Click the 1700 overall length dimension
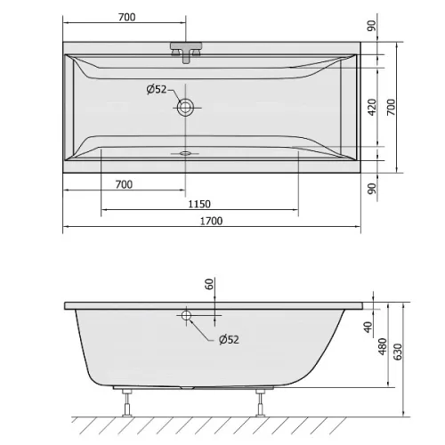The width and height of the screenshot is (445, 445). [x=211, y=221]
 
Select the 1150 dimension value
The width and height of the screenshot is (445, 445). [x=199, y=204]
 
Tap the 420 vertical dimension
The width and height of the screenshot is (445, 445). [x=372, y=107]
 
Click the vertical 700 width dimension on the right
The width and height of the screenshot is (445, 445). [x=392, y=107]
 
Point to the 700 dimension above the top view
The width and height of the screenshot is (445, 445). [x=127, y=17]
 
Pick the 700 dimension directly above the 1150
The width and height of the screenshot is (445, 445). [x=124, y=184]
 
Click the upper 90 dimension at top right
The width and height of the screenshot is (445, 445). [x=371, y=26]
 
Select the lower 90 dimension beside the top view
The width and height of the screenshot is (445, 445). [x=371, y=189]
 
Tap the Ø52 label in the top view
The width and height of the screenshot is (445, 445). [x=157, y=89]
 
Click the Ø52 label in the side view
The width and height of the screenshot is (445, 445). [x=229, y=339]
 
